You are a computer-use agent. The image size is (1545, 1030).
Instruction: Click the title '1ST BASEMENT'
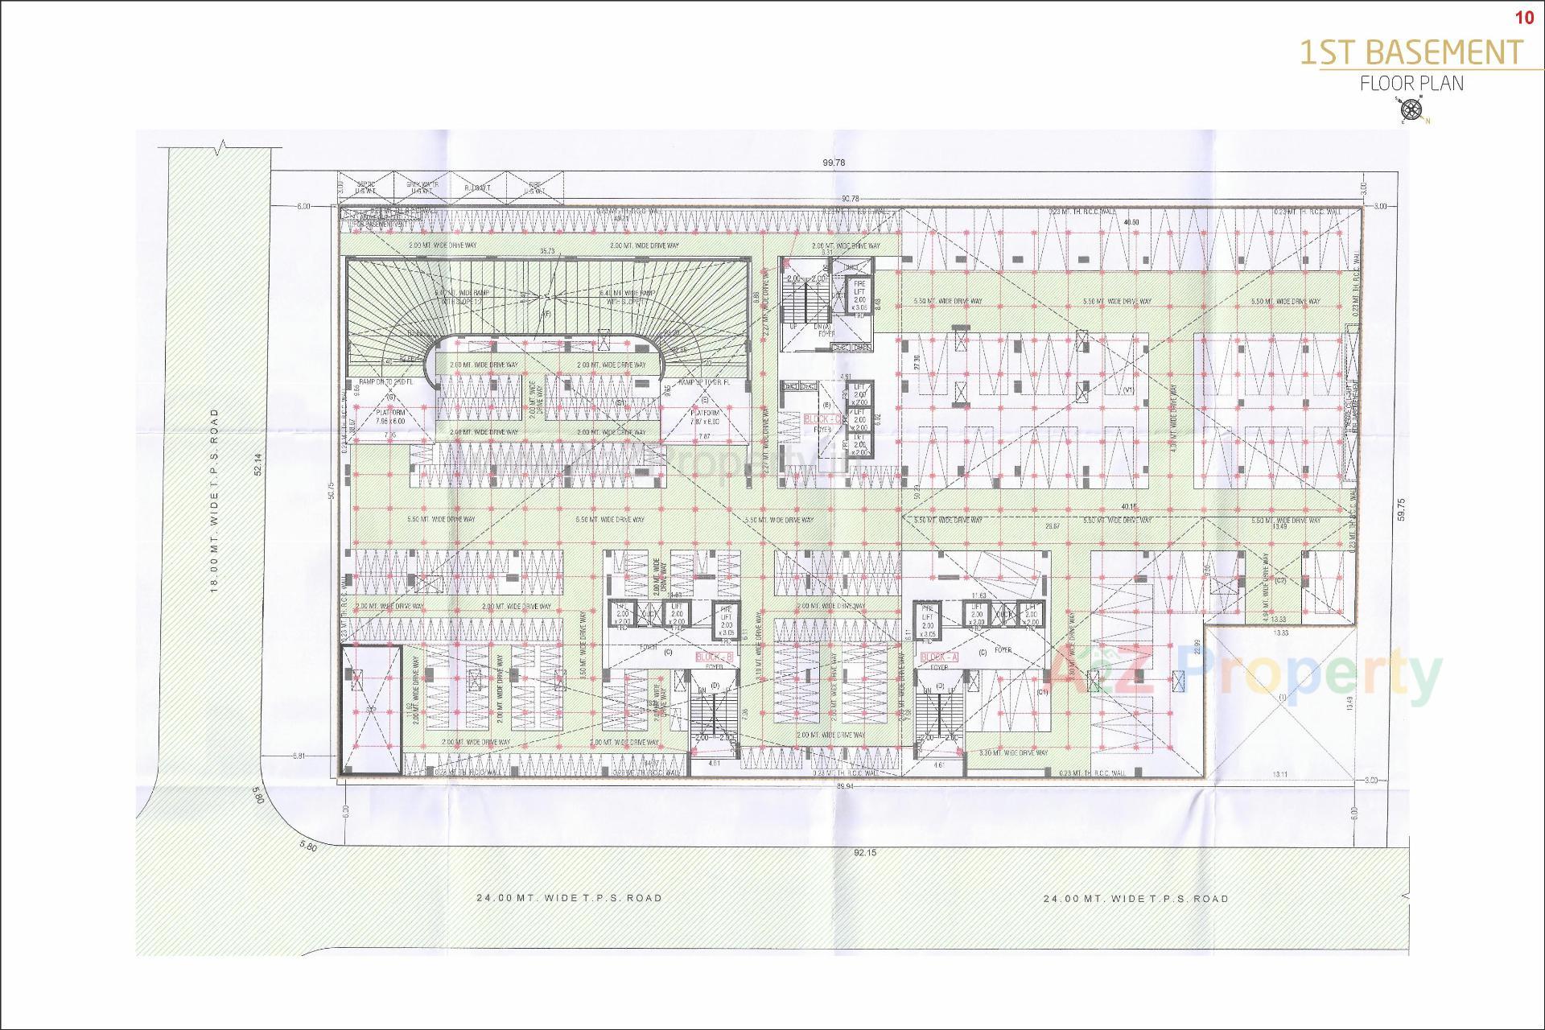(1411, 52)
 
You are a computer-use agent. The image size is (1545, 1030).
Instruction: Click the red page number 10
(1524, 18)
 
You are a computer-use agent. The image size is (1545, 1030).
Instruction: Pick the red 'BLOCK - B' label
(715, 657)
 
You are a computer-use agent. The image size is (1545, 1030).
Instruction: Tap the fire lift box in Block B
(726, 620)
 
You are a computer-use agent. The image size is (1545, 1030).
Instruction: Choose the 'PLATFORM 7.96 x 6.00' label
(391, 416)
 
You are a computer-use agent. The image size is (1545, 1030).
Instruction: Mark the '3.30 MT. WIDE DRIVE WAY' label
(1014, 752)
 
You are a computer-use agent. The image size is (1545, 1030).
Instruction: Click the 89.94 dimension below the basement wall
(844, 785)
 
